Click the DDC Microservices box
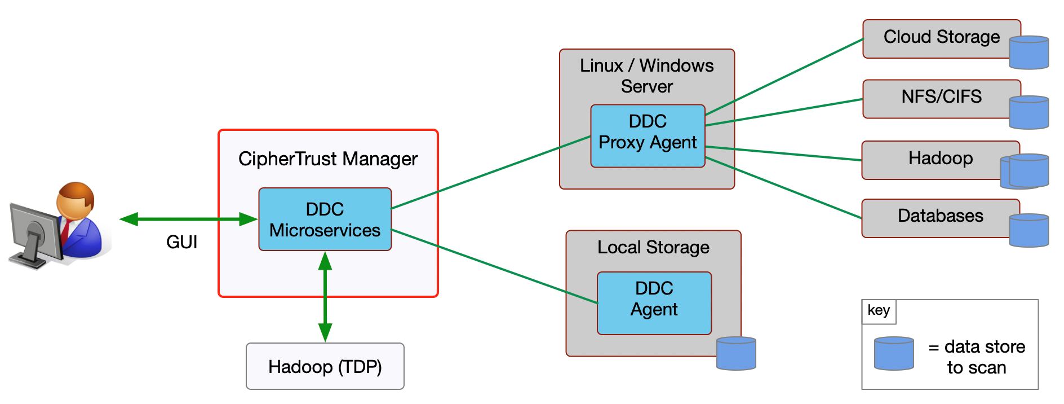click(325, 219)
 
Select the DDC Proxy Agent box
click(648, 136)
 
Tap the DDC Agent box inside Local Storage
click(654, 303)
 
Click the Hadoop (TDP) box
click(325, 366)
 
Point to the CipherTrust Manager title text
click(327, 159)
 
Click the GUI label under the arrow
click(181, 242)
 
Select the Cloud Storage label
click(941, 37)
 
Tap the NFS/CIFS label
click(941, 96)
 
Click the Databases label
click(940, 216)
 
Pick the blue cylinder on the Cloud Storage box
click(1028, 52)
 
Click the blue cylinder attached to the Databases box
click(1028, 230)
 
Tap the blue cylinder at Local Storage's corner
click(736, 353)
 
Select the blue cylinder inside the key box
click(894, 353)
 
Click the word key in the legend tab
click(879, 310)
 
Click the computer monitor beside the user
click(35, 234)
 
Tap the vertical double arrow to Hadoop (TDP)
click(325, 296)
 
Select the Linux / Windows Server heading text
click(646, 76)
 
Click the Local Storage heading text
click(653, 247)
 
